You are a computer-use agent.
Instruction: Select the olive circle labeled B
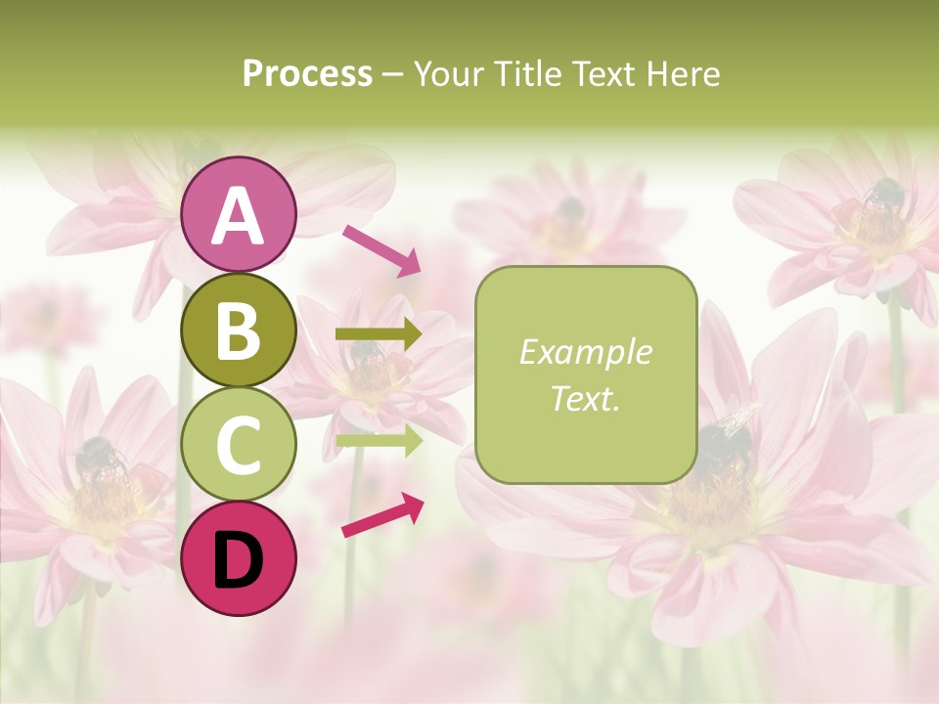[239, 330]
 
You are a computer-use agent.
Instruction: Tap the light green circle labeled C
[239, 444]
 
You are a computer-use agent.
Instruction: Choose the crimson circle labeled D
[239, 558]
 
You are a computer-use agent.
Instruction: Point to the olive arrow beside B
[380, 334]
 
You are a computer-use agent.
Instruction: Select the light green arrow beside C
[380, 441]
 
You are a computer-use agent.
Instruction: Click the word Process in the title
[307, 74]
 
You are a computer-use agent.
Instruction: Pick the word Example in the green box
[585, 352]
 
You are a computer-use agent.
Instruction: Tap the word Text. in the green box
[585, 398]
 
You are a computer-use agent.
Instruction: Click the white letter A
[239, 215]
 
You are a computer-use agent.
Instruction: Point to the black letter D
[239, 560]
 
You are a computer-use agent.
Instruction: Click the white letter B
[239, 330]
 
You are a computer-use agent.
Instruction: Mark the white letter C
[239, 445]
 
